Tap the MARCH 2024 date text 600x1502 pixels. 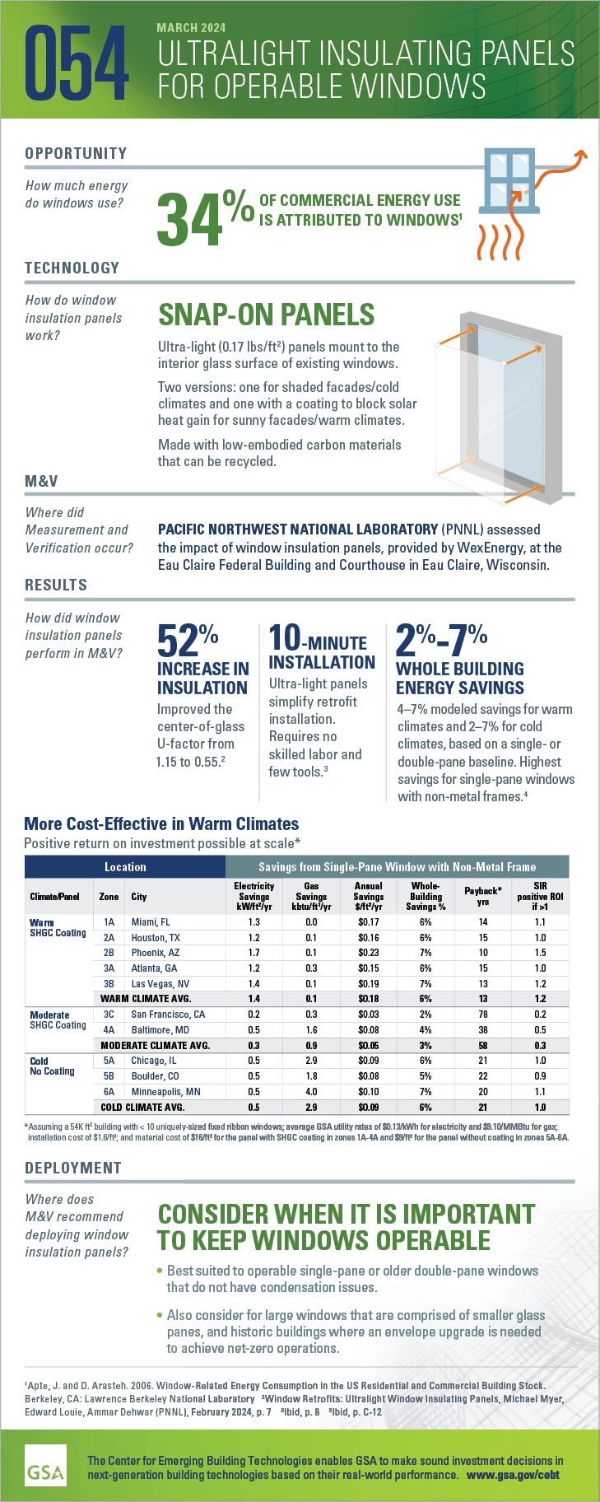click(191, 28)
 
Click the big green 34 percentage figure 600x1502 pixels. click(189, 219)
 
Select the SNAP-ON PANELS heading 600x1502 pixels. click(266, 315)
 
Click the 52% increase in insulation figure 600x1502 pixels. click(188, 641)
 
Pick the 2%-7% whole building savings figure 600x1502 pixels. click(442, 641)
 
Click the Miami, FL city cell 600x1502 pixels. click(151, 922)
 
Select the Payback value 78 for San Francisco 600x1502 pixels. click(483, 1015)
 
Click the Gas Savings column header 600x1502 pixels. click(311, 896)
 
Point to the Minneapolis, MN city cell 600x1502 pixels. click(165, 1091)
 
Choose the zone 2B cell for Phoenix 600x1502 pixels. click(109, 953)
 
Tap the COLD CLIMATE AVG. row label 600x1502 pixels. click(142, 1107)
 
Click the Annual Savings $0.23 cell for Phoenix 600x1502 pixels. click(368, 953)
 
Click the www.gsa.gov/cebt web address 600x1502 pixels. click(513, 1475)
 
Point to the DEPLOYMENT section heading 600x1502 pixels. click(73, 1168)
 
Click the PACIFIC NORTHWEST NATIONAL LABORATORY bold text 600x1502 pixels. click(298, 529)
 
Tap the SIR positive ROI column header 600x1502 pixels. click(540, 896)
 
